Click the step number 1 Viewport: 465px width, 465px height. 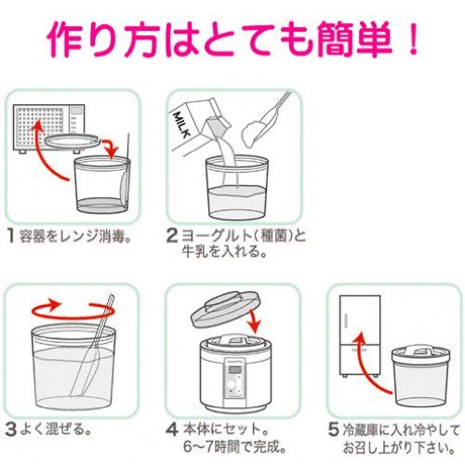tap(11, 236)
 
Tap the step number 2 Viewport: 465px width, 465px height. tap(172, 235)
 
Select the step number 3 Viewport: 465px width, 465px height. tap(11, 429)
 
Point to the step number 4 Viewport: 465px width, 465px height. tap(172, 430)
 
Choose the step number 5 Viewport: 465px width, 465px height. tap(333, 430)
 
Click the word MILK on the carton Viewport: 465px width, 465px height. tap(182, 125)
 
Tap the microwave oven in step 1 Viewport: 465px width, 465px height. tap(48, 128)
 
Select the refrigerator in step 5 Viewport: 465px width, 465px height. tap(360, 336)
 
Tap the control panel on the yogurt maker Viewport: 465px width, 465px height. tap(233, 380)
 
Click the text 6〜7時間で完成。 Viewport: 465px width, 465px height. tap(234, 447)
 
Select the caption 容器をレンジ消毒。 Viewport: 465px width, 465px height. tap(75, 236)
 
